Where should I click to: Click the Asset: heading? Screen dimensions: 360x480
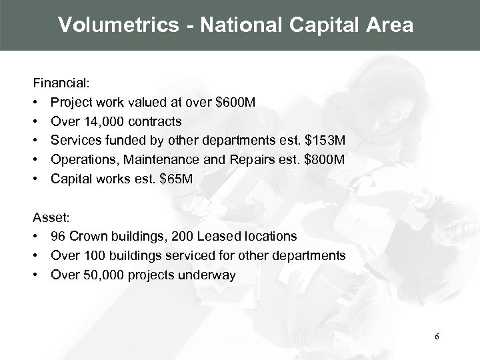[x=48, y=217]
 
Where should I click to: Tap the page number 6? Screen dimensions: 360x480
[x=437, y=336]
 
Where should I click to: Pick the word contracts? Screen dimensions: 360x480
[x=155, y=123]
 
